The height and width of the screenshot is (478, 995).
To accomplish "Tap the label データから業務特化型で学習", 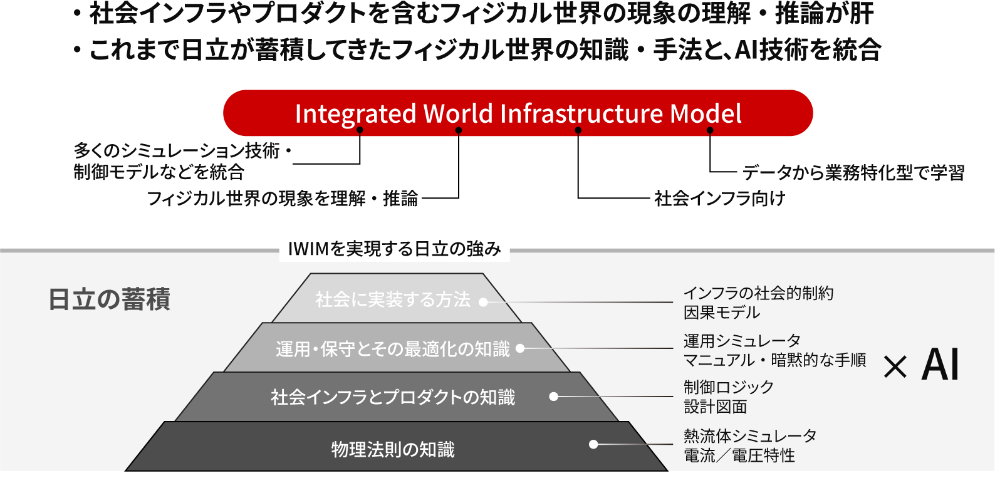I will (x=853, y=172).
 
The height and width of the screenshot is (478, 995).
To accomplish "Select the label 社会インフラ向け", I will (x=719, y=199).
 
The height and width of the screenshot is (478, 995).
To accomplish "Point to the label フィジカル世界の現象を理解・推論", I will (x=282, y=199).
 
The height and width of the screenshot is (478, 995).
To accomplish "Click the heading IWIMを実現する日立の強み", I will (x=394, y=249).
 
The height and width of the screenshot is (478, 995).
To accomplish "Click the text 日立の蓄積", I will (x=109, y=299).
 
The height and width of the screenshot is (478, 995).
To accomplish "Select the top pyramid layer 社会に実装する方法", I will (x=392, y=299).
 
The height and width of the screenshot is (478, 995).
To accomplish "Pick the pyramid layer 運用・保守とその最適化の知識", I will (x=392, y=349).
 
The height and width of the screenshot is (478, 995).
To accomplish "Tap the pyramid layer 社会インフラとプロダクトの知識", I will (x=392, y=397).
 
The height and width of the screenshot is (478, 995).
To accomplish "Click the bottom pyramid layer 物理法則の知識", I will (x=392, y=449).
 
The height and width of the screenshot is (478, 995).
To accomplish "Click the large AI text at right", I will (x=940, y=365).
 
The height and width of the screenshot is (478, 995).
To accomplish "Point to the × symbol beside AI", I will (x=895, y=367).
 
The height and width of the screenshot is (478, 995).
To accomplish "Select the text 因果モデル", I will (x=721, y=313).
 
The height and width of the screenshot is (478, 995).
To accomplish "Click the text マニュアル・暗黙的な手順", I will (x=774, y=360).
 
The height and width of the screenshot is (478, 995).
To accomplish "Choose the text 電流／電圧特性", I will (x=739, y=455).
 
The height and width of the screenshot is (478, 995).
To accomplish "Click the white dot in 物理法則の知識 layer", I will (x=593, y=444).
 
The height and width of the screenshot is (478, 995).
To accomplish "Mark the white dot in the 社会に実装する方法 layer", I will (x=483, y=302).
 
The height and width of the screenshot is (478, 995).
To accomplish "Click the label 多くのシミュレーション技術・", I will (x=182, y=151).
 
